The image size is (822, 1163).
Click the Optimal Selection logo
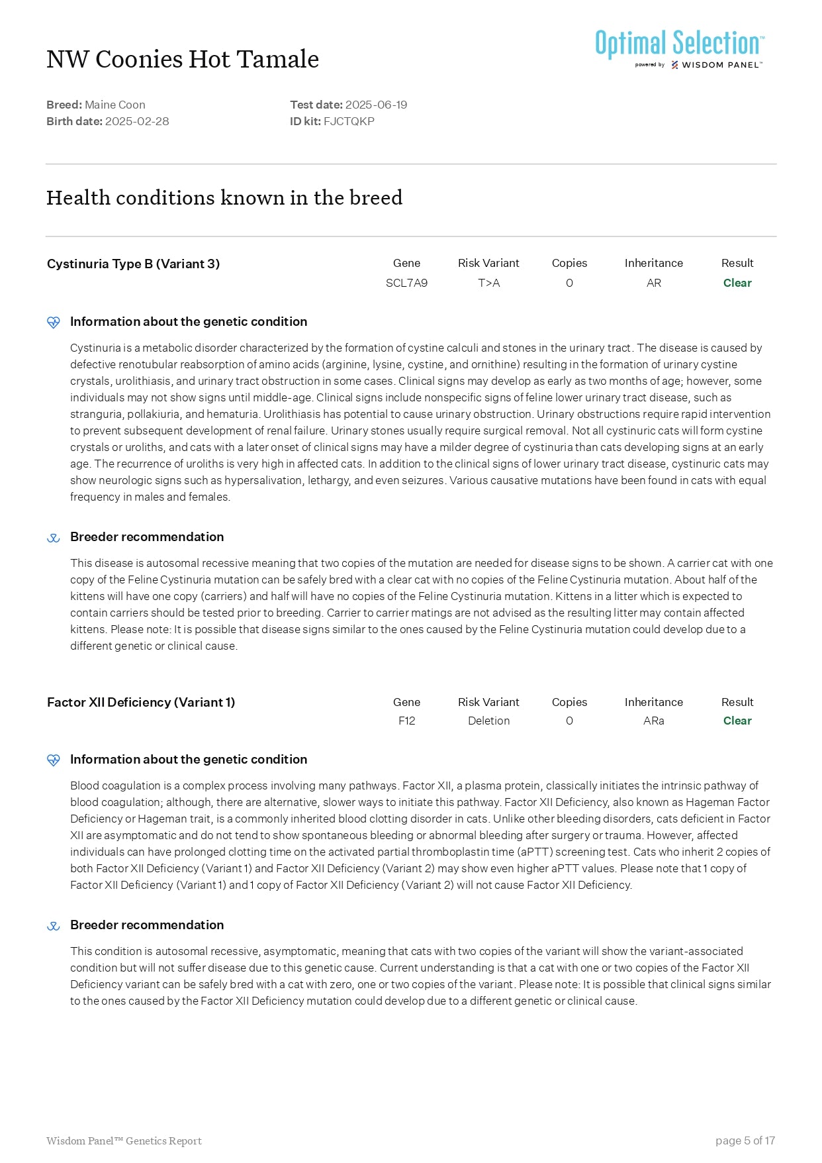tap(680, 48)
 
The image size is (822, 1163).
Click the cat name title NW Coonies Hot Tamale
tap(183, 60)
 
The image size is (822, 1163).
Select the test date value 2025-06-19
tap(376, 105)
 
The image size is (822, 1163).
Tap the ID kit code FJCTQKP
tap(349, 121)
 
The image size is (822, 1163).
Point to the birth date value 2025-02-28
tap(137, 121)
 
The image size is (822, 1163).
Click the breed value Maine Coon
tap(115, 105)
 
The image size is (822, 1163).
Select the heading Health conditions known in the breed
tap(224, 198)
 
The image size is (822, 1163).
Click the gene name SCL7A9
tap(406, 283)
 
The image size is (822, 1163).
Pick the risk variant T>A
tap(488, 283)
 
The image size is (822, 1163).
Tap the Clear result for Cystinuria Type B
tap(737, 283)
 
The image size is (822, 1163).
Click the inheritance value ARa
tap(653, 721)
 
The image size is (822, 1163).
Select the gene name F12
tap(406, 721)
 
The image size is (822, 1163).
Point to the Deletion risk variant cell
tap(488, 721)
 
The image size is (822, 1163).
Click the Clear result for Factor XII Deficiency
tap(737, 721)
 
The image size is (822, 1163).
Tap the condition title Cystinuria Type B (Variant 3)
tap(133, 264)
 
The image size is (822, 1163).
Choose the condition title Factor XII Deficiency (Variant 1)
tap(141, 702)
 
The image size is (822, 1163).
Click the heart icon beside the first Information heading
tap(54, 323)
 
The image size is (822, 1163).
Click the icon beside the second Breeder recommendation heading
tap(54, 926)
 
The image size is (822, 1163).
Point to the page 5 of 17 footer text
tap(745, 1140)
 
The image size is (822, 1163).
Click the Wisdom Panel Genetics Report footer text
tap(124, 1140)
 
